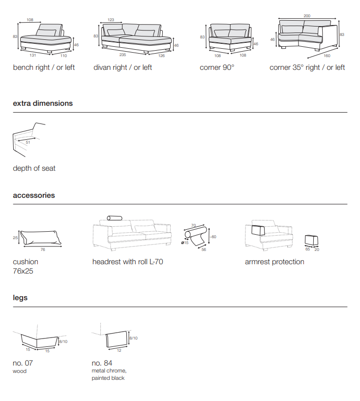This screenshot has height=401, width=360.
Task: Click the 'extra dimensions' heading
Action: coord(43,103)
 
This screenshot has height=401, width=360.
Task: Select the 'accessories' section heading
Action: coord(34,195)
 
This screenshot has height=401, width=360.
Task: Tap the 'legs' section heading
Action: coord(20,298)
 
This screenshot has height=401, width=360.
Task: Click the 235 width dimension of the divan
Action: coord(122,55)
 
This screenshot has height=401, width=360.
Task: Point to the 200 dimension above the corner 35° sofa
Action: coord(307,16)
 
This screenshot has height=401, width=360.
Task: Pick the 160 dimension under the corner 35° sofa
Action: coord(327,55)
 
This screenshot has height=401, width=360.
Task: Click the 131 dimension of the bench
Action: coord(33,55)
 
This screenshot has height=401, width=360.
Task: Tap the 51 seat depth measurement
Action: coord(28,143)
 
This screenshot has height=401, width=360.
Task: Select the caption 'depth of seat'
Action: coord(34,168)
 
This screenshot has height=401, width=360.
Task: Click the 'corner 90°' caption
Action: coord(217,67)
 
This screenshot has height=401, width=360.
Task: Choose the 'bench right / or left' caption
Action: coord(44,67)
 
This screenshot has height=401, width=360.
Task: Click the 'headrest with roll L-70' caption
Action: coord(127,262)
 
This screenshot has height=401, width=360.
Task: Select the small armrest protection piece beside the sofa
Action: coord(312,240)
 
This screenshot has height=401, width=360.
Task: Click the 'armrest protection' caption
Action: coord(274,262)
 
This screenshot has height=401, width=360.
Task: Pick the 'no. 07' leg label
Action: coord(23,363)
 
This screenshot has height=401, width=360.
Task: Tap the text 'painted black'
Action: coord(108,378)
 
